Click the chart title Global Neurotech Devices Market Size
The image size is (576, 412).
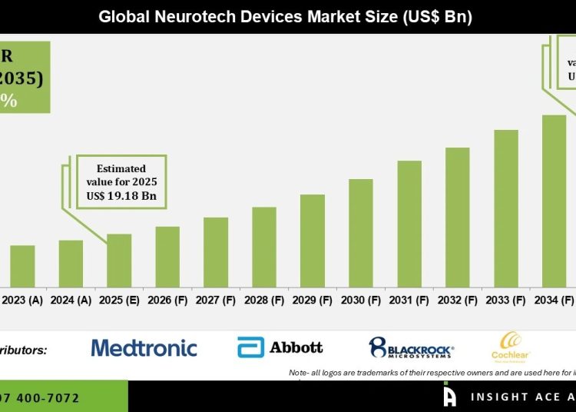coord(285,17)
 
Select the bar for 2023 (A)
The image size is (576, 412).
coord(22,265)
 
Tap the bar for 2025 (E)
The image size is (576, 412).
coord(119,260)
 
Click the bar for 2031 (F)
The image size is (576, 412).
coord(409,223)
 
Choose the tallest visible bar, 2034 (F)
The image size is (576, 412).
coord(554,200)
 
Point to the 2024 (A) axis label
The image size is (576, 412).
coord(71,300)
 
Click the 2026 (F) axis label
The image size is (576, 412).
coord(167,300)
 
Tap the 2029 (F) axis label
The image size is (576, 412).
coord(313,300)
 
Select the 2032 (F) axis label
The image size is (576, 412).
coord(458,300)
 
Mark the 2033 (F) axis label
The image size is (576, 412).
coord(506,300)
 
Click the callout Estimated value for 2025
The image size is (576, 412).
coord(121,175)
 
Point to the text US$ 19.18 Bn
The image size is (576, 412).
coord(121,196)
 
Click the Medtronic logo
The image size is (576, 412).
coord(144,348)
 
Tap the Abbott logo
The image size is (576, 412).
coord(280,347)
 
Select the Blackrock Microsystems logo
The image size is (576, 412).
coord(411,347)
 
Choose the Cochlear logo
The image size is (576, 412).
coord(511,346)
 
